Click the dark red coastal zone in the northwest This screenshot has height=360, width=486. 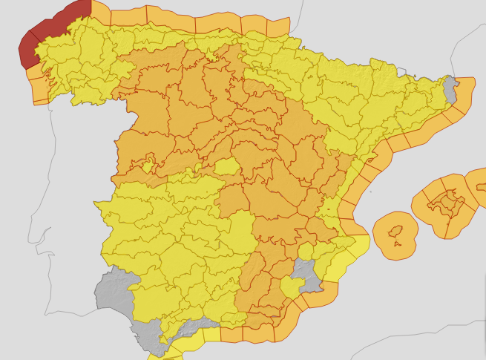[x=45, y=30]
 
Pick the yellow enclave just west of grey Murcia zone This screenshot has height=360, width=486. [x=290, y=287]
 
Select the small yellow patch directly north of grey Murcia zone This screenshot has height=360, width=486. [x=304, y=251]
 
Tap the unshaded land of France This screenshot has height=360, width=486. [x=371, y=30]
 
